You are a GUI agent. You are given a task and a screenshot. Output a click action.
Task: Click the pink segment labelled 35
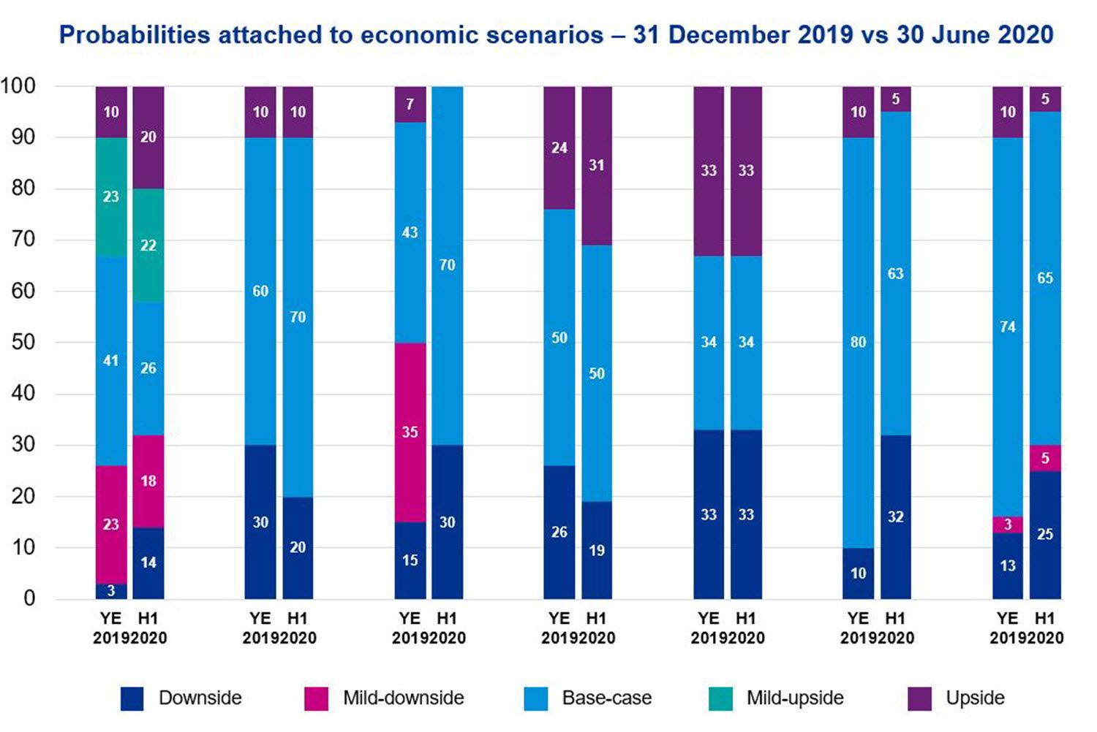click(410, 432)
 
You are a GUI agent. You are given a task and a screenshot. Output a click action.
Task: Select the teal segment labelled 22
click(148, 245)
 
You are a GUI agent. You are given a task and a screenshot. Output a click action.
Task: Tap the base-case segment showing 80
click(859, 343)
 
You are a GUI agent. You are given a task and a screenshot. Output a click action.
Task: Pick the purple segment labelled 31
click(597, 166)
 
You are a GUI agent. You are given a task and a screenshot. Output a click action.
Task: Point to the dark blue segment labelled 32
click(896, 517)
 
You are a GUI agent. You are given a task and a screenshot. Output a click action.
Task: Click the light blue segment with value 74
click(1008, 327)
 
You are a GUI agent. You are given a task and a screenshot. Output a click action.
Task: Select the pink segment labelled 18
click(148, 481)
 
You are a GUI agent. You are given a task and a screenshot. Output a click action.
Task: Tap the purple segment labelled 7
click(410, 104)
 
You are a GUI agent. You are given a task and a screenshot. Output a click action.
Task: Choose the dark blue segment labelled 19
click(597, 550)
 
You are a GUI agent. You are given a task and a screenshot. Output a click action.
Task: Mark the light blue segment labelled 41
click(111, 361)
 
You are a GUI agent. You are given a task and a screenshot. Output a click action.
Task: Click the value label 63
click(896, 274)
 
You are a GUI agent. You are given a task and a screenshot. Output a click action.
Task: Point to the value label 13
click(1008, 565)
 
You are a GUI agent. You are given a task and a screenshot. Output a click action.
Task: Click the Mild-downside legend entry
click(403, 698)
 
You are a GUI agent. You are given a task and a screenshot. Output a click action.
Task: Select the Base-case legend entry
click(606, 698)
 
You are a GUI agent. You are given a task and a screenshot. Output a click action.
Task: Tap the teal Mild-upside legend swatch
click(721, 699)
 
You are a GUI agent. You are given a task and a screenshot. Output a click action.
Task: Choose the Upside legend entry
click(974, 698)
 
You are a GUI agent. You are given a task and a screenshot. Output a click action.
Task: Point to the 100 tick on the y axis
click(18, 86)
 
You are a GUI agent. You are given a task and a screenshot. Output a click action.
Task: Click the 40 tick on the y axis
click(23, 394)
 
